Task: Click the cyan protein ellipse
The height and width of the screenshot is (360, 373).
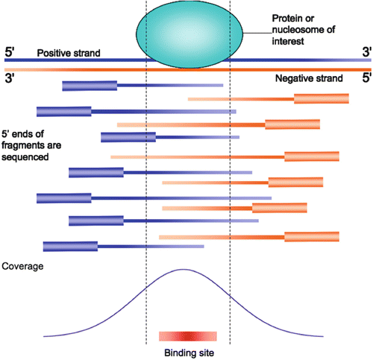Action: (x=188, y=34)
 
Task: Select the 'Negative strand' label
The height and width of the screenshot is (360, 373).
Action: (x=308, y=78)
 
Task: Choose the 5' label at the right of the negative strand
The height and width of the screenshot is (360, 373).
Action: (x=366, y=78)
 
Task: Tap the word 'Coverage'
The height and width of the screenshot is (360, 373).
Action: (x=23, y=265)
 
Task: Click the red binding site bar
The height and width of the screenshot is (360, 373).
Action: (x=187, y=336)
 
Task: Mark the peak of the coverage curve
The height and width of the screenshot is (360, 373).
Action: (x=183, y=270)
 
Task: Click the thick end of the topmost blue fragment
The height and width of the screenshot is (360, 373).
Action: (x=90, y=86)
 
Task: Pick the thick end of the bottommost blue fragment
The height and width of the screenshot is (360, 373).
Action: (x=70, y=246)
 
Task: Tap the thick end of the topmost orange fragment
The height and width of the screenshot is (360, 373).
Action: (x=322, y=98)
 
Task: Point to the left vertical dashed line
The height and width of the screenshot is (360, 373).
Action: (x=146, y=186)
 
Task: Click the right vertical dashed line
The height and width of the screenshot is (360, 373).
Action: (x=230, y=186)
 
